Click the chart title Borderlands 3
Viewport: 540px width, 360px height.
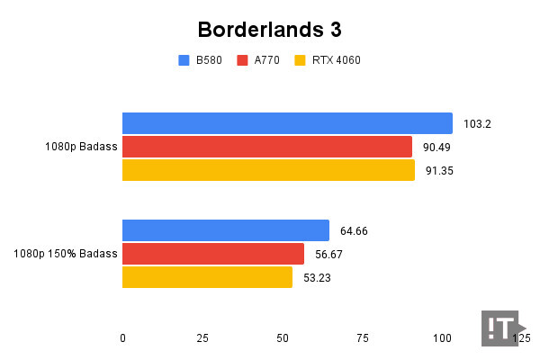[x=269, y=29]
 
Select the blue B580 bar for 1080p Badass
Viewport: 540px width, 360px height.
[x=287, y=123]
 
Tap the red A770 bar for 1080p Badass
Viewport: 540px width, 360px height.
[x=266, y=147]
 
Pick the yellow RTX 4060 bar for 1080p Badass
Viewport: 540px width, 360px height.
[x=268, y=170]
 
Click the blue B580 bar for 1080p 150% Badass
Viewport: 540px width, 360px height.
[x=225, y=230]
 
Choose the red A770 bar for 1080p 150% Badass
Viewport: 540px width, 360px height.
[x=212, y=254]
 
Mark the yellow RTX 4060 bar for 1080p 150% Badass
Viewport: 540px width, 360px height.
[x=207, y=277]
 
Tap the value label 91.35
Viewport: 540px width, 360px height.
[x=438, y=171]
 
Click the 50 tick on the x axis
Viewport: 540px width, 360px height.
[x=283, y=338]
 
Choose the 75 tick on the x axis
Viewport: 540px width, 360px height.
[x=363, y=338]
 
